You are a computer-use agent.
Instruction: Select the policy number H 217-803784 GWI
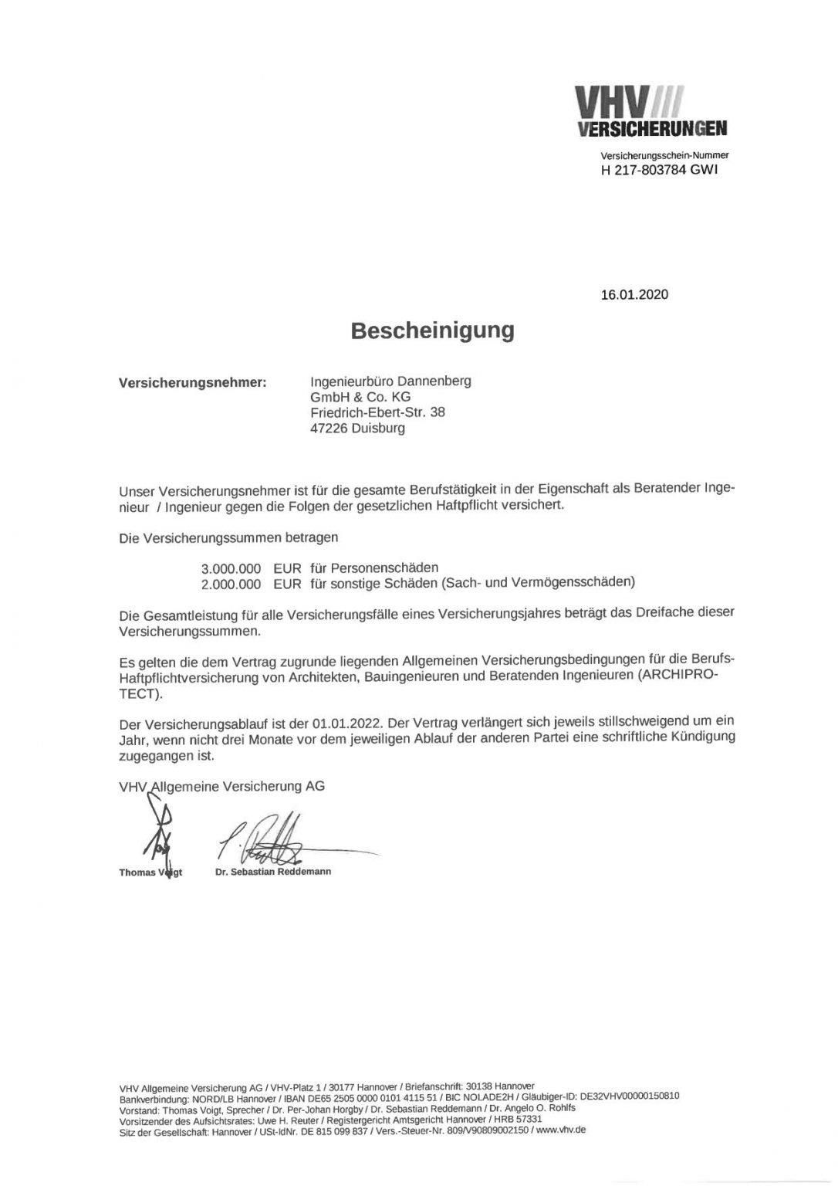[x=659, y=171]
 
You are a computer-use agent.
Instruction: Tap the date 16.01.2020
[x=634, y=294]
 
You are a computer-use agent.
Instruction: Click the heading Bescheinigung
[x=432, y=330]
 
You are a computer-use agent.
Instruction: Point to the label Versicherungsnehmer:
[x=192, y=382]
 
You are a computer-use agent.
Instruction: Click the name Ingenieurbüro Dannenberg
[x=390, y=381]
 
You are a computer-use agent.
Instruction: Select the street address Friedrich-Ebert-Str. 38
[x=377, y=412]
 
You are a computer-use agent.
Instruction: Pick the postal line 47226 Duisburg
[x=356, y=428]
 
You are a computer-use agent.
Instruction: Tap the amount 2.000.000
[x=231, y=585]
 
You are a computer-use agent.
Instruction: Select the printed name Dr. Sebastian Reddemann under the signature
[x=273, y=871]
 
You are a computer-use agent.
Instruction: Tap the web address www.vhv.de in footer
[x=565, y=1130]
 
